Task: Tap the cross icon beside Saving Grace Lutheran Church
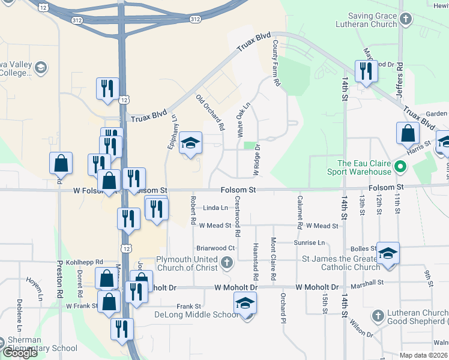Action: pyautogui.click(x=406, y=19)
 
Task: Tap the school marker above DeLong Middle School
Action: pyautogui.click(x=245, y=304)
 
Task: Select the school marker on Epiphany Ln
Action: pyautogui.click(x=191, y=144)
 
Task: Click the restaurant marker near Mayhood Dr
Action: pyautogui.click(x=366, y=72)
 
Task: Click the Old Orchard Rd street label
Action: pyautogui.click(x=210, y=112)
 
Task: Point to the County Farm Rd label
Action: pyautogui.click(x=276, y=62)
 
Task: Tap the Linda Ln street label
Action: pyautogui.click(x=215, y=208)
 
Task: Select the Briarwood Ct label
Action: pyautogui.click(x=215, y=248)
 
